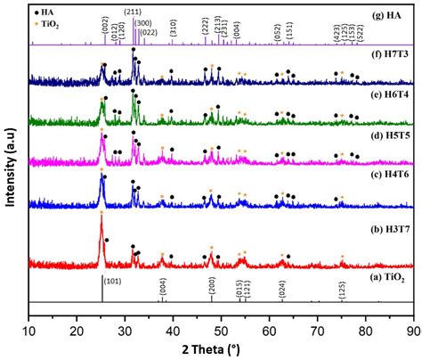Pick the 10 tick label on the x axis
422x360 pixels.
29,331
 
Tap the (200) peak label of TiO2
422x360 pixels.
211,286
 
